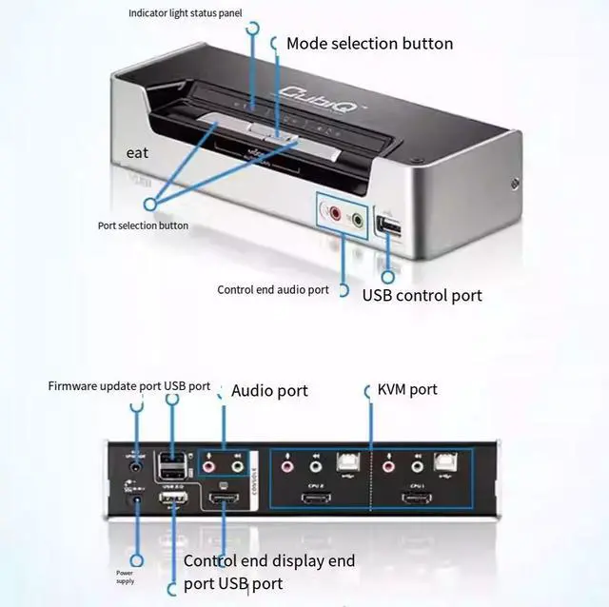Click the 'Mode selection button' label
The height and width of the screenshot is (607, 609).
point(369,44)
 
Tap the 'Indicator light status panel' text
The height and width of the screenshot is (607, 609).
point(185,13)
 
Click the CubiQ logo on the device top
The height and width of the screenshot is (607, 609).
point(308,92)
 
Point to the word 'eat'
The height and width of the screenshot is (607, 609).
point(137,152)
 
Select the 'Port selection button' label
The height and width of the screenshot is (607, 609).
point(143,225)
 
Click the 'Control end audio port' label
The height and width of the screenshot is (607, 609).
point(272,290)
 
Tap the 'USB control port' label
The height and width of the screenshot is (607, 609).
point(422,295)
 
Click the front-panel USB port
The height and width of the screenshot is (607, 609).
point(389,226)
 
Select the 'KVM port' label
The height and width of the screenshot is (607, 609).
point(407,390)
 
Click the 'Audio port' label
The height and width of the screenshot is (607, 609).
point(269,391)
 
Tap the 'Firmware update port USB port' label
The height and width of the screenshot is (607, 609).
point(129,386)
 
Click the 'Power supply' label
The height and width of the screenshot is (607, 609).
point(126,577)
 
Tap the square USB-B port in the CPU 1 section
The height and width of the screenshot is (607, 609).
point(443,464)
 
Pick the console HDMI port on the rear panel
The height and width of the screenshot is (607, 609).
point(223,500)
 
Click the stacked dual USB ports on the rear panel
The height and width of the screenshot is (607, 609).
point(172,466)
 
